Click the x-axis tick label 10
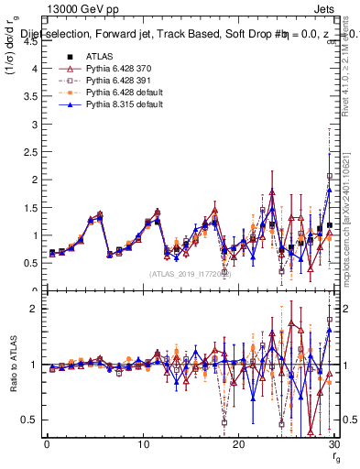142,444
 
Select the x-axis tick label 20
238,444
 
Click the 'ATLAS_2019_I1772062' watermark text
191,273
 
